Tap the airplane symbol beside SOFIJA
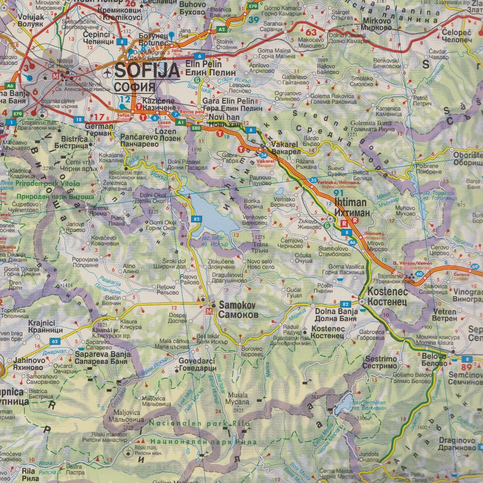click(x=107, y=72)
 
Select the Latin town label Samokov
click(x=239, y=305)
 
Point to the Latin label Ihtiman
click(x=350, y=203)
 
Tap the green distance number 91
click(x=339, y=193)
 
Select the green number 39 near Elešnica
click(x=254, y=20)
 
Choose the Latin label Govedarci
click(x=197, y=361)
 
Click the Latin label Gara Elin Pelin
click(x=228, y=101)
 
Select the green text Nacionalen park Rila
click(x=199, y=424)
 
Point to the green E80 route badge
click(x=196, y=128)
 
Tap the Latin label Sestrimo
click(x=381, y=359)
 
